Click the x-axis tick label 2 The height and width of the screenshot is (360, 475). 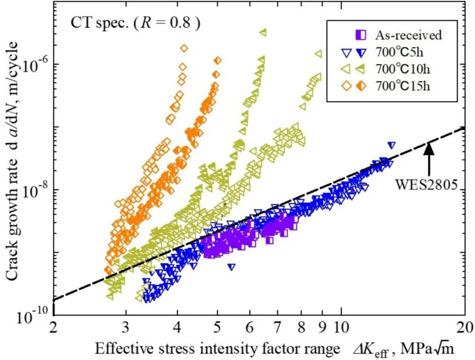click(53, 328)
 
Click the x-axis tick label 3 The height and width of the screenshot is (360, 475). click(126, 328)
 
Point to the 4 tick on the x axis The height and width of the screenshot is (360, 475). click(177, 328)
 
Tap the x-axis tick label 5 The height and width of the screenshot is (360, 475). click(217, 328)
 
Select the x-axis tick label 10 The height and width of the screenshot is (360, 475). click(341, 328)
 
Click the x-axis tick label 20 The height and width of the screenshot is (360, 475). click(464, 328)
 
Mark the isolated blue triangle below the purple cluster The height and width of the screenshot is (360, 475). click(231, 267)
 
